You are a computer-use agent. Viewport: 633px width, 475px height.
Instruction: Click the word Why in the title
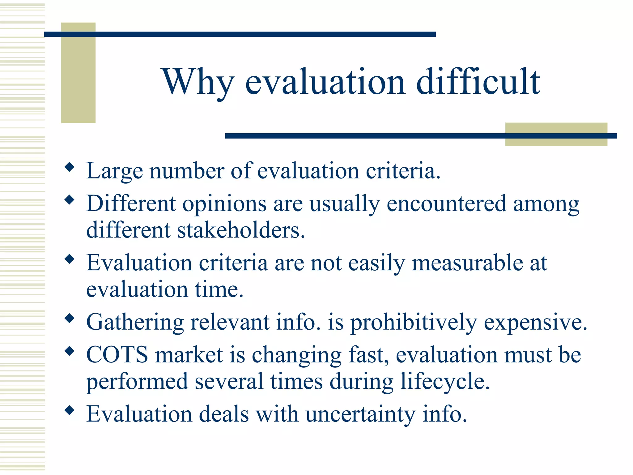point(198,82)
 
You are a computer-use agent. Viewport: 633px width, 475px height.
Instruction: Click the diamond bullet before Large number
point(70,167)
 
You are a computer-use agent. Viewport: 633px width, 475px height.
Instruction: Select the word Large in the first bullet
point(115,171)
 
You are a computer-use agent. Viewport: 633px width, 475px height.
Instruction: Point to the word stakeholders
point(241,230)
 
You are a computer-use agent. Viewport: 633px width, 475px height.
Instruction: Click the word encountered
point(446,204)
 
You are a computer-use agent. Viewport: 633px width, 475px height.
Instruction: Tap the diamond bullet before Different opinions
point(70,200)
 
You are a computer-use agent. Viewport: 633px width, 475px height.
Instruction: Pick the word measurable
point(467,263)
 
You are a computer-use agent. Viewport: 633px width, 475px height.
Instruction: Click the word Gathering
point(135,323)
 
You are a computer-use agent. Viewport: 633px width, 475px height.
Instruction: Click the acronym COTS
point(117,355)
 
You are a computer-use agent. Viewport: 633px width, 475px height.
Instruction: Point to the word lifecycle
point(445,381)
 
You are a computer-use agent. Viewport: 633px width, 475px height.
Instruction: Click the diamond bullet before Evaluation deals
point(70,410)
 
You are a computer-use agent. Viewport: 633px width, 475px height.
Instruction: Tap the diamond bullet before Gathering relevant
point(70,318)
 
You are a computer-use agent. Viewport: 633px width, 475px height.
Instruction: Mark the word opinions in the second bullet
point(224,204)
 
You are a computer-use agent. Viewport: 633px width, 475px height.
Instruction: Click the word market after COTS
point(189,355)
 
